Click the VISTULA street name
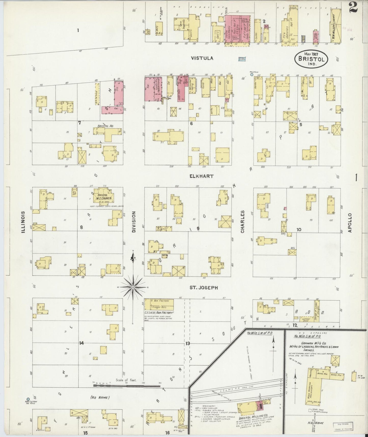pos(202,58)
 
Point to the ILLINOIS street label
pos(23,222)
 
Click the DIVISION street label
pos(134,222)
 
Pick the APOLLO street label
pos(350,223)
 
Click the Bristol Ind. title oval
pos(311,59)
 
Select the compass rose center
pos(133,287)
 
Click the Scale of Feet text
pos(126,380)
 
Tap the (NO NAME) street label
pos(100,397)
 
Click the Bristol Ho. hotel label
pos(105,126)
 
